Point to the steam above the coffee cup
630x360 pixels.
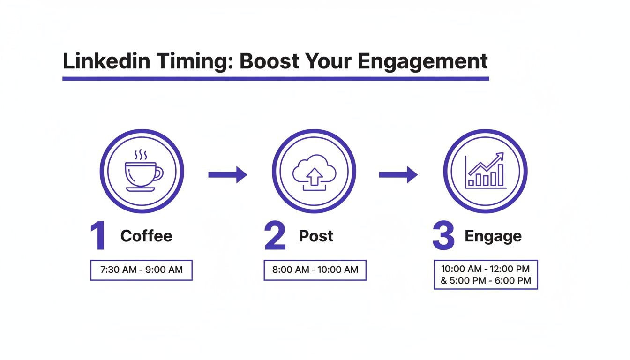pos(141,155)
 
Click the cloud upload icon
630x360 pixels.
pos(314,172)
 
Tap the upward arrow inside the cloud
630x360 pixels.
pos(314,177)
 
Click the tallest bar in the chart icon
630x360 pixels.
pos(500,175)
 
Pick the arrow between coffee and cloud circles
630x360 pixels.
pos(228,174)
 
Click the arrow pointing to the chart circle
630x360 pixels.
pos(398,174)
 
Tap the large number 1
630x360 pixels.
pos(98,236)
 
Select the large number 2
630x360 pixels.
pos(275,236)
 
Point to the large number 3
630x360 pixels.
pos(443,236)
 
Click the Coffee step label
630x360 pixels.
pos(146,236)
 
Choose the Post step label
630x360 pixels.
pos(316,236)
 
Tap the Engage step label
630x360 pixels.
pos(493,236)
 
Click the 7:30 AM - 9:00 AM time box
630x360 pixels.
pos(141,270)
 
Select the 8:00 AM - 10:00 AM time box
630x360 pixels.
pos(315,270)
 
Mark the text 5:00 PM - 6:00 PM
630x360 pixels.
pos(491,281)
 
